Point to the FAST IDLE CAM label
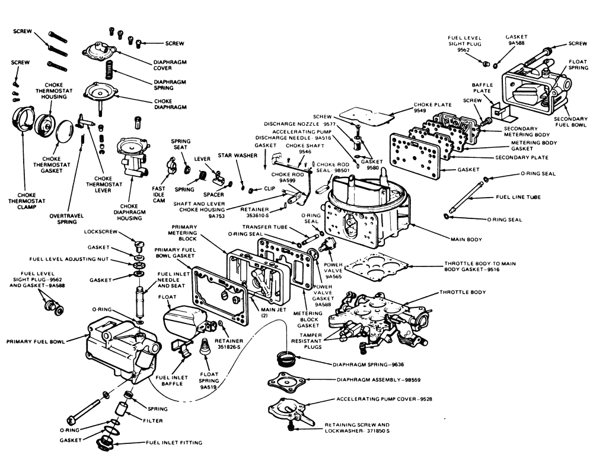pos(158,192)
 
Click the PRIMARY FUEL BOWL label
pos(36,342)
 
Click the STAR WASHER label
pos(233,155)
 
